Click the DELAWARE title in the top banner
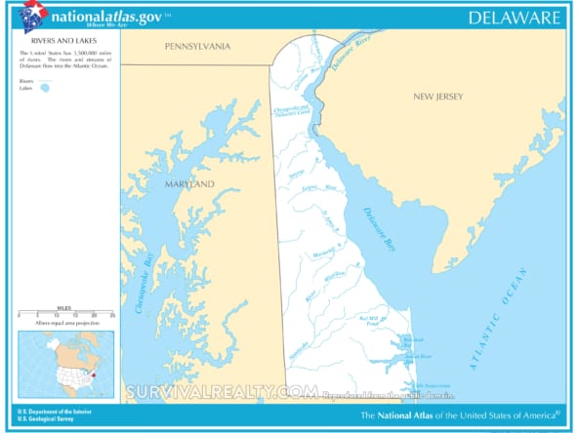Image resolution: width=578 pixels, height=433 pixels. pyautogui.click(x=514, y=18)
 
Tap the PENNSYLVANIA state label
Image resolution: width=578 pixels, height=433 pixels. pyautogui.click(x=197, y=46)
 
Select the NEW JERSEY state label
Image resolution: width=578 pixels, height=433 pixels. pyautogui.click(x=437, y=97)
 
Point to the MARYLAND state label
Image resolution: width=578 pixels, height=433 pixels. pyautogui.click(x=188, y=183)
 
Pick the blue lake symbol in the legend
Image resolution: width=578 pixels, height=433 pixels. pyautogui.click(x=44, y=88)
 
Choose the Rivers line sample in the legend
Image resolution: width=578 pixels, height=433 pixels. pyautogui.click(x=43, y=80)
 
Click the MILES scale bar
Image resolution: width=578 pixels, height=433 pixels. pyautogui.click(x=65, y=313)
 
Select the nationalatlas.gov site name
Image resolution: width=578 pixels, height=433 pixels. pyautogui.click(x=107, y=18)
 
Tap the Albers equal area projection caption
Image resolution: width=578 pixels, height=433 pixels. pyautogui.click(x=67, y=322)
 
